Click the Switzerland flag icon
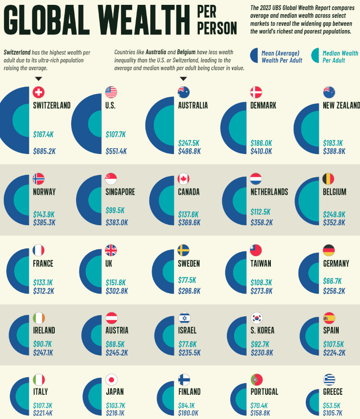[39, 92]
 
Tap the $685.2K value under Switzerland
[45, 151]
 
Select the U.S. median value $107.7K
[116, 134]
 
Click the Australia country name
[193, 105]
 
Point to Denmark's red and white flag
[256, 92]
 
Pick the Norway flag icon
[39, 179]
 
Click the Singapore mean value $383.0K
[117, 222]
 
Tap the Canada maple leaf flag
[184, 179]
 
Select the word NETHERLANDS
[269, 192]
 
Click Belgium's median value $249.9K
[334, 214]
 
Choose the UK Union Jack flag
[111, 250]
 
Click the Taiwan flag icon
[256, 250]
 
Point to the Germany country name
[336, 264]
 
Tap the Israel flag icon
[184, 318]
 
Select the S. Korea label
[262, 330]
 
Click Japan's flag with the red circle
[111, 379]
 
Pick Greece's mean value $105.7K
[333, 413]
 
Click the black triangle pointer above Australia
[184, 78]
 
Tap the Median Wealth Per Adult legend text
[340, 57]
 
